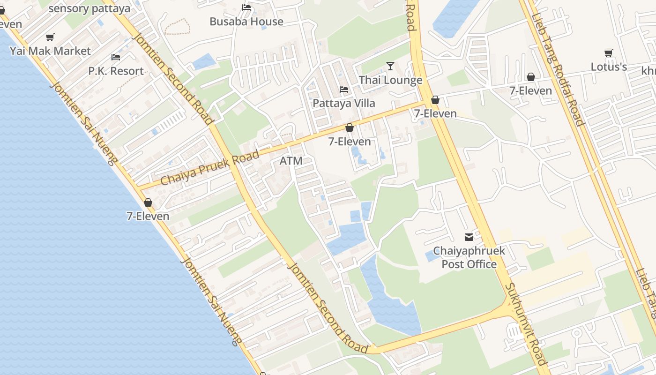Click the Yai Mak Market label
coord(50,51)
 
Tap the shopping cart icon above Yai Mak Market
coord(50,37)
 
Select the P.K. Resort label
coord(116,71)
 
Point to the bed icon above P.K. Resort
coord(116,57)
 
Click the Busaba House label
coord(246,22)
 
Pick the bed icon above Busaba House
coord(246,7)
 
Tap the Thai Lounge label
coord(390,80)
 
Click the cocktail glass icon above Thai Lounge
coord(390,66)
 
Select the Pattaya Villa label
coord(344,103)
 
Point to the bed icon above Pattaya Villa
coord(344,90)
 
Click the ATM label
coord(291,161)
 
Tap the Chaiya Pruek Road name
coord(209,168)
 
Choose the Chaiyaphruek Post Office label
coord(469,257)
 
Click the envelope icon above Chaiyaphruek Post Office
coord(469,237)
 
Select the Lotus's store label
coord(609,67)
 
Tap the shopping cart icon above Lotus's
coord(609,53)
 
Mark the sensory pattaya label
coord(89,8)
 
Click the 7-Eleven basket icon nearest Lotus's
coord(531,77)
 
